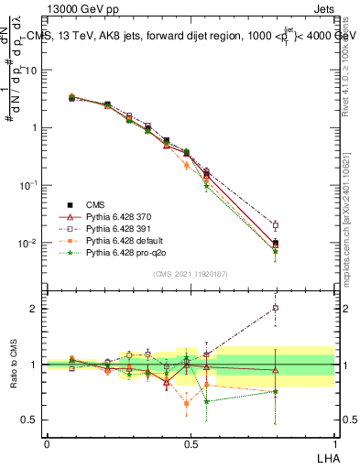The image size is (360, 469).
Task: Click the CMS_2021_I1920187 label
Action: coord(190,273)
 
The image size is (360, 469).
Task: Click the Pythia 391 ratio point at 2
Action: coord(276,308)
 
